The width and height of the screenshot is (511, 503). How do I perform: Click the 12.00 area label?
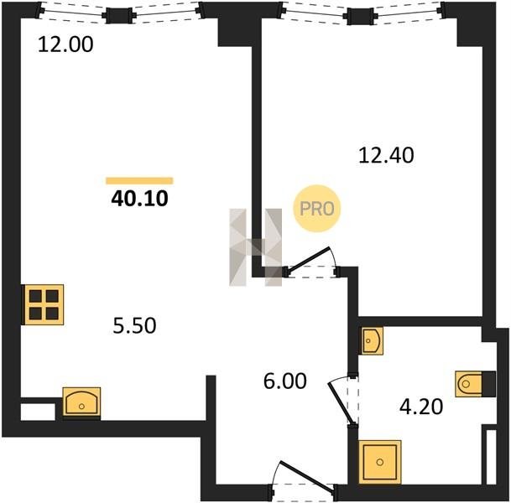pos(65,44)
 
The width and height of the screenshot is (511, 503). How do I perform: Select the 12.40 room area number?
pos(386,155)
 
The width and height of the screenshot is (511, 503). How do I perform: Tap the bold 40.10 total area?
pos(139,199)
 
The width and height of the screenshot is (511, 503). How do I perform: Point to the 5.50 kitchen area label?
pos(134,325)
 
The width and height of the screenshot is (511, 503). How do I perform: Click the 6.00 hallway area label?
pos(284,381)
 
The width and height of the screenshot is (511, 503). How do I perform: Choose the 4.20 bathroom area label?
pos(421,407)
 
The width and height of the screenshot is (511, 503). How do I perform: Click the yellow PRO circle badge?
pos(317,209)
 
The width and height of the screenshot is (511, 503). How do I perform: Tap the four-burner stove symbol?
pos(44,304)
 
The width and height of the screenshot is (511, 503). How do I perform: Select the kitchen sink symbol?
pos(81,402)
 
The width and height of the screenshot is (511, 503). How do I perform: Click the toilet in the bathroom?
pos(475,384)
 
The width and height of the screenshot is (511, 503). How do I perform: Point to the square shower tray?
pos(379,462)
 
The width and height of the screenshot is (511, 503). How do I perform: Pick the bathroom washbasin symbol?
pos(371,340)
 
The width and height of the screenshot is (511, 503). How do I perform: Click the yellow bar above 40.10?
pos(139,181)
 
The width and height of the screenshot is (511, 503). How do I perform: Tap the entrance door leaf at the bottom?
pos(307,478)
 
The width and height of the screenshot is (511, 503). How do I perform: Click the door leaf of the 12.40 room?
pos(309,259)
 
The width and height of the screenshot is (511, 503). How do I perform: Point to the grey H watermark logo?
pos(255,247)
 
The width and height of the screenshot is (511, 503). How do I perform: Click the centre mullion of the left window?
pos(119,16)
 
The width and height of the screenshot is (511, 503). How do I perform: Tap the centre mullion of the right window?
pos(360,16)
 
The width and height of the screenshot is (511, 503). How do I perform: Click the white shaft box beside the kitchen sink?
pos(38,412)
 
